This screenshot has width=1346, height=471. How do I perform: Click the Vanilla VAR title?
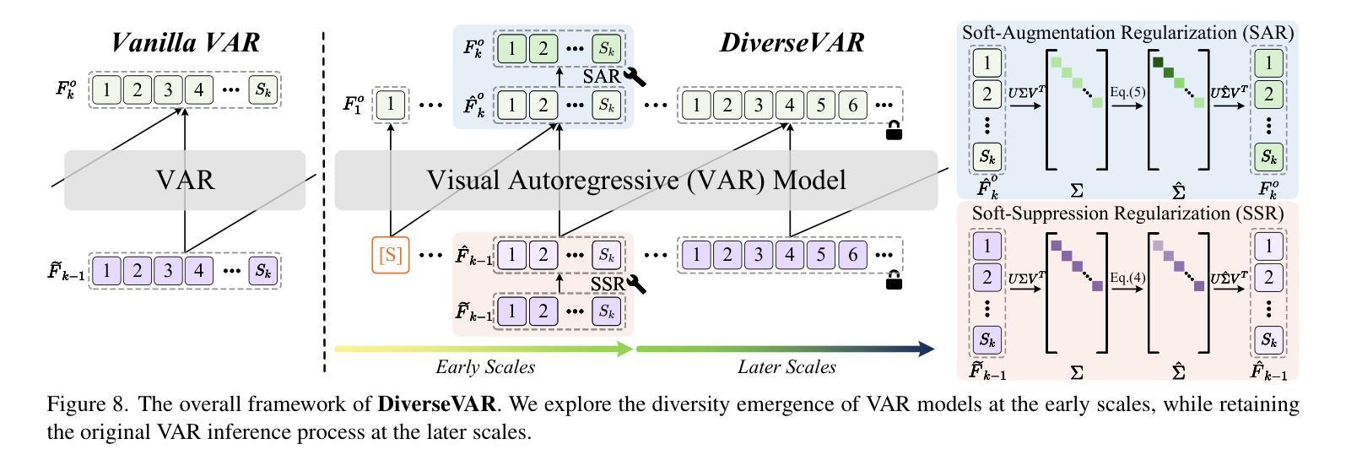pyautogui.click(x=185, y=42)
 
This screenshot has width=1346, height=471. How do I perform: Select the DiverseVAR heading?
pyautogui.click(x=792, y=42)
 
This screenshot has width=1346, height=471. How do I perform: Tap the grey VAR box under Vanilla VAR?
pyautogui.click(x=185, y=181)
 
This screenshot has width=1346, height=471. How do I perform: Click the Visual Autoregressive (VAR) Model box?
pyautogui.click(x=635, y=181)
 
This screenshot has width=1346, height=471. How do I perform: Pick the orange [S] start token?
pyautogui.click(x=391, y=256)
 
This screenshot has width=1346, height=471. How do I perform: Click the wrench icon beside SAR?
pyautogui.click(x=634, y=77)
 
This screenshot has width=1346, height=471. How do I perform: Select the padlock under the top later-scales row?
pyautogui.click(x=893, y=131)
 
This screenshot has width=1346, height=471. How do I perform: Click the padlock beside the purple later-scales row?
pyautogui.click(x=893, y=281)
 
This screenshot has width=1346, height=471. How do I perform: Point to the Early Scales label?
pyautogui.click(x=485, y=367)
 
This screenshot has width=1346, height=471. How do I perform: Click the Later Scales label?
pyautogui.click(x=787, y=367)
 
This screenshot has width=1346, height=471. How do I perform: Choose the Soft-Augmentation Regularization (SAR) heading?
pyautogui.click(x=1127, y=33)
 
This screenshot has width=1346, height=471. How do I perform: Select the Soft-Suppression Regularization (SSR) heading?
pyautogui.click(x=1127, y=214)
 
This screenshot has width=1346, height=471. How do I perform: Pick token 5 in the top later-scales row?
pyautogui.click(x=822, y=105)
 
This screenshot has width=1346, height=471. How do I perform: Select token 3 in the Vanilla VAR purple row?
pyautogui.click(x=168, y=271)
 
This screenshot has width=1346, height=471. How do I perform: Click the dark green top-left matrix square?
pyautogui.click(x=1158, y=62)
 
